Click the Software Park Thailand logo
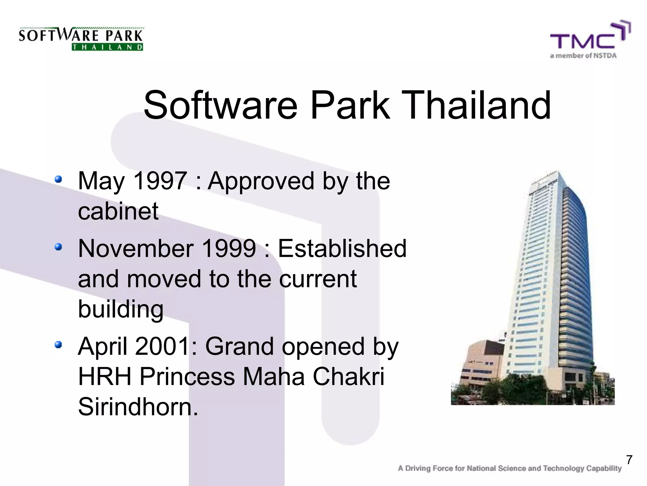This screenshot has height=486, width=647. click(81, 39)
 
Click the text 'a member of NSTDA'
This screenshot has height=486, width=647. click(583, 56)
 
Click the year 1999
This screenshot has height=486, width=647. click(229, 249)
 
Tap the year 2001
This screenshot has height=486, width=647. click(162, 346)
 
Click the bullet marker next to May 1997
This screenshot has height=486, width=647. click(58, 179)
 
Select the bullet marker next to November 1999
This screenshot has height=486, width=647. click(58, 247)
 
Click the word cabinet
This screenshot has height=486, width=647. click(118, 211)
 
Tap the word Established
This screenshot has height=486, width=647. click(342, 249)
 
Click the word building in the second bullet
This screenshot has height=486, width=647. click(121, 309)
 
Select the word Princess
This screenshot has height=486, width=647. click(187, 377)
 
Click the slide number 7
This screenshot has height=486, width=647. click(629, 460)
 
